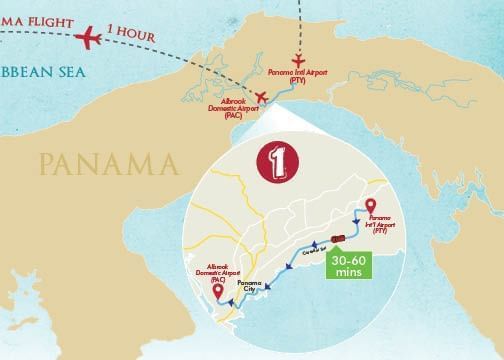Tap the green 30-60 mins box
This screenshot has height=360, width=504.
pyautogui.click(x=345, y=262)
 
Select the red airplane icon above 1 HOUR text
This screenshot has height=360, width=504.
pyautogui.click(x=88, y=39)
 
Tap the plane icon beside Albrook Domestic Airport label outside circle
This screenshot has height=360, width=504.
pyautogui.click(x=262, y=97)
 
